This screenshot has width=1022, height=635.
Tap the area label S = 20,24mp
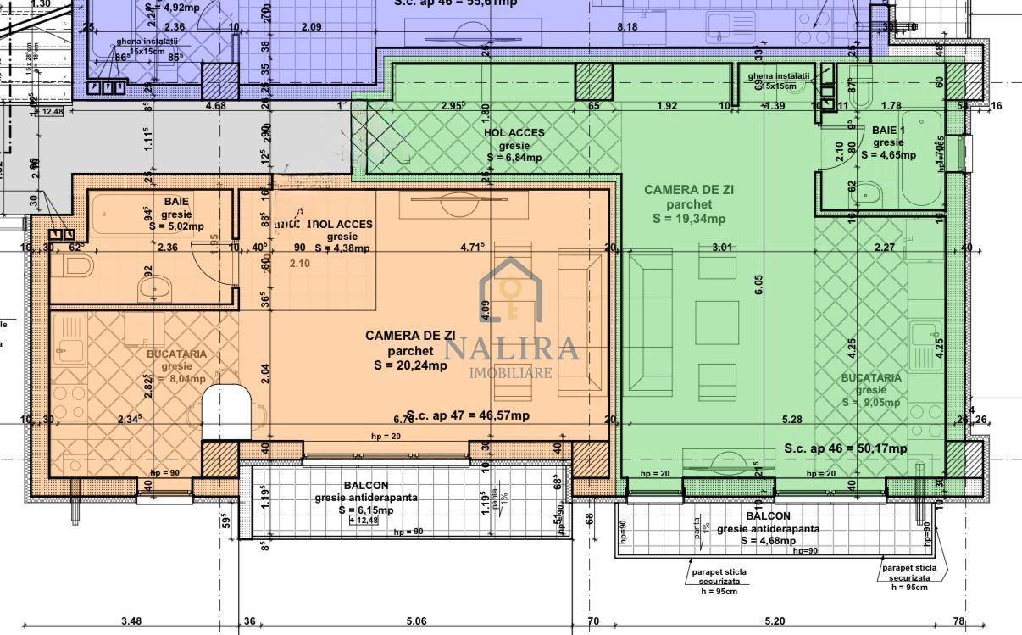[410, 365]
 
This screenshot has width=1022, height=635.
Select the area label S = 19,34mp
[688, 219]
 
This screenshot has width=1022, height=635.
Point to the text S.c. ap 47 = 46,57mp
[468, 415]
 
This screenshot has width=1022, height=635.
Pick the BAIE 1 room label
[889, 130]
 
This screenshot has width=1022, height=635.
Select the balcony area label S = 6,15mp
[366, 510]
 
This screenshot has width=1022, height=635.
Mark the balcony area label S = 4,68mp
[768, 540]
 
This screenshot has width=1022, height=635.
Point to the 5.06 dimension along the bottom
[416, 621]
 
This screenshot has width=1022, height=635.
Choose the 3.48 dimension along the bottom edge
[131, 621]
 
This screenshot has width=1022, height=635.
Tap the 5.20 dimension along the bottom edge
[774, 621]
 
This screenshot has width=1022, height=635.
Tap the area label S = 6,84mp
[514, 158]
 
